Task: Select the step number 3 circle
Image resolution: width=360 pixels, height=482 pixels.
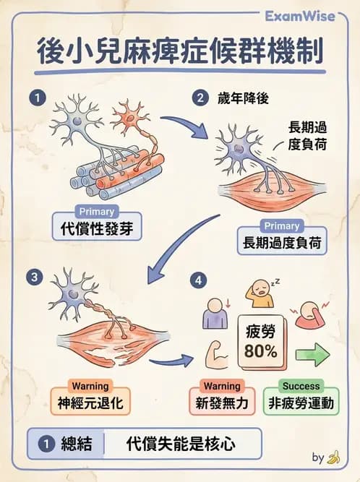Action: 32,277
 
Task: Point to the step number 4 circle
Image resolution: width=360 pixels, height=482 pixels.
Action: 200,277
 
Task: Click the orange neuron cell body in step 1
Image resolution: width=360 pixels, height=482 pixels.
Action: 130,114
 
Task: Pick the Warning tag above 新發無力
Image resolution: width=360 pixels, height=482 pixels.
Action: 221,386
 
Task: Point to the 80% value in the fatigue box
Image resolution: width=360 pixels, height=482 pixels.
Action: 260,352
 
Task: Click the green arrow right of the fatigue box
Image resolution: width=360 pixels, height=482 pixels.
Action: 312,355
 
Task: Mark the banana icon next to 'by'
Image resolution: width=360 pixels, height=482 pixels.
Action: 333,457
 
